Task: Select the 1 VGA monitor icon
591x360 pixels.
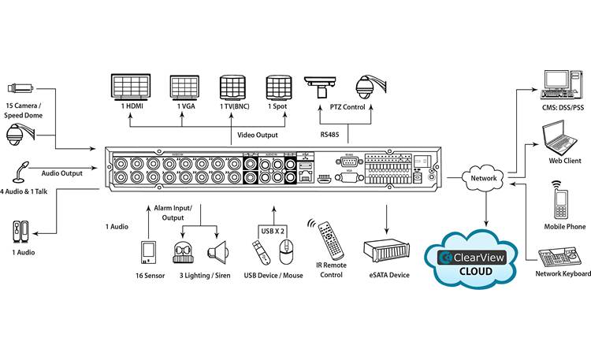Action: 187,87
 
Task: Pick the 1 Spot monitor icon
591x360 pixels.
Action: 277,87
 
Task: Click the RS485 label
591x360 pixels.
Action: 330,135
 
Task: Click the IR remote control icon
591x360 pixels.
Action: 329,239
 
